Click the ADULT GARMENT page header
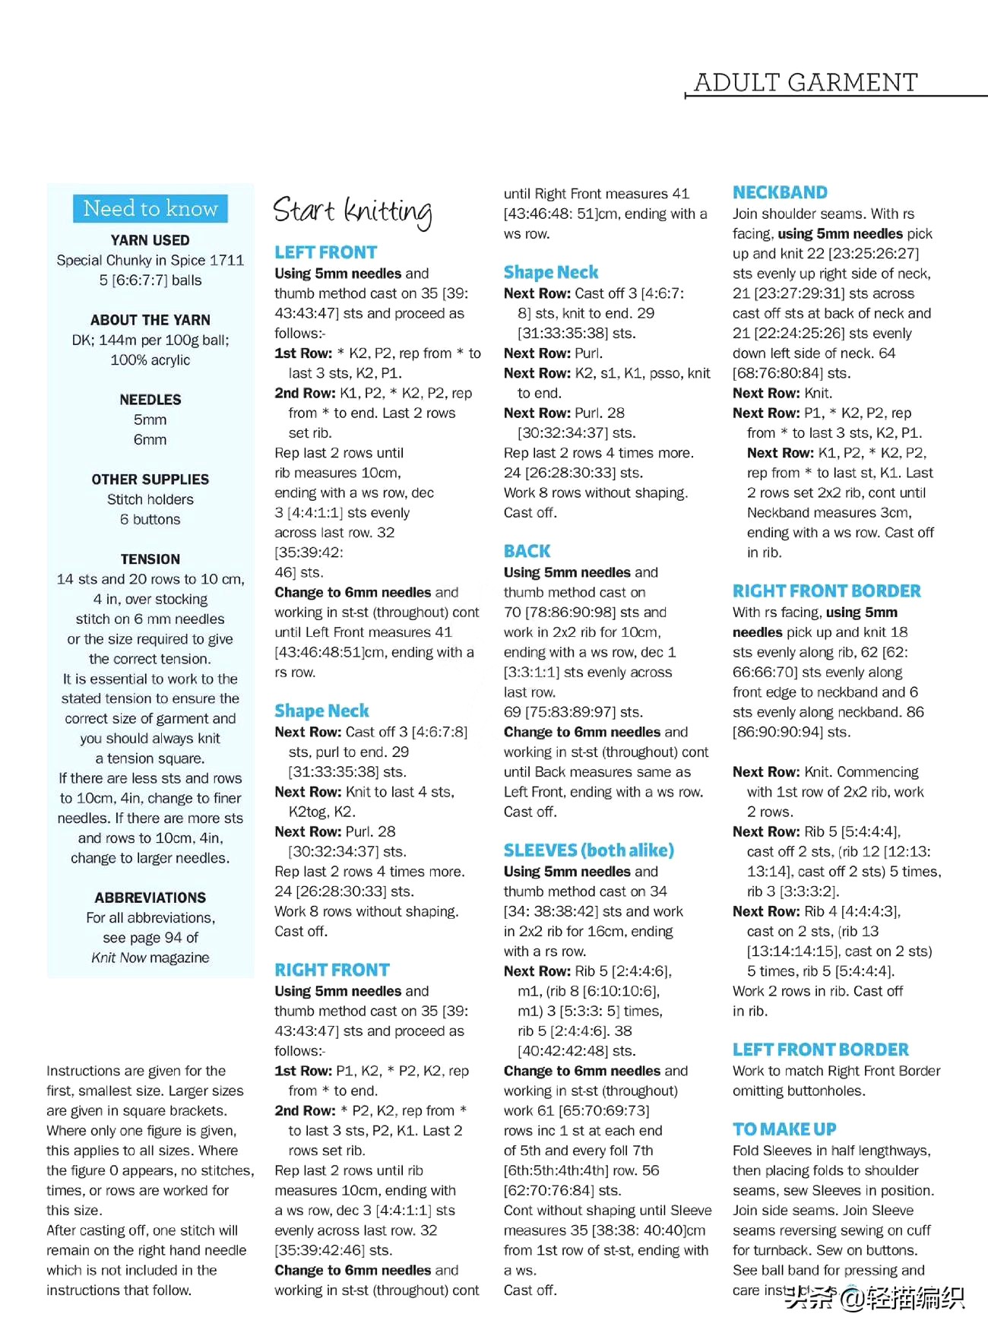click(x=806, y=82)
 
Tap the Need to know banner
click(x=150, y=208)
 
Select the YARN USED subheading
click(x=150, y=240)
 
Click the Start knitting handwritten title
click(x=353, y=211)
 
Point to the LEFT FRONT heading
click(x=325, y=252)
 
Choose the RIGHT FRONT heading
click(x=332, y=970)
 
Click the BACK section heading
click(x=527, y=551)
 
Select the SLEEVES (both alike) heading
click(x=588, y=850)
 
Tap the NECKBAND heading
click(x=780, y=192)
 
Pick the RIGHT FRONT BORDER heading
click(x=826, y=591)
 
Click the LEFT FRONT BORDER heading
click(x=820, y=1050)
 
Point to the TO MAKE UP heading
click(x=784, y=1129)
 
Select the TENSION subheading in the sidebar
click(x=150, y=559)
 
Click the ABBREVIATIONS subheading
click(x=150, y=898)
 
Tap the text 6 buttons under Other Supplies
click(x=150, y=519)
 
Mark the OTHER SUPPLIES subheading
click(x=150, y=480)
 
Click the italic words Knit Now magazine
click(x=150, y=958)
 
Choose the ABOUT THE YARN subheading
click(x=150, y=320)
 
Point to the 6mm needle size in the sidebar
click(x=150, y=439)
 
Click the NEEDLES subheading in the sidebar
click(x=150, y=400)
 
